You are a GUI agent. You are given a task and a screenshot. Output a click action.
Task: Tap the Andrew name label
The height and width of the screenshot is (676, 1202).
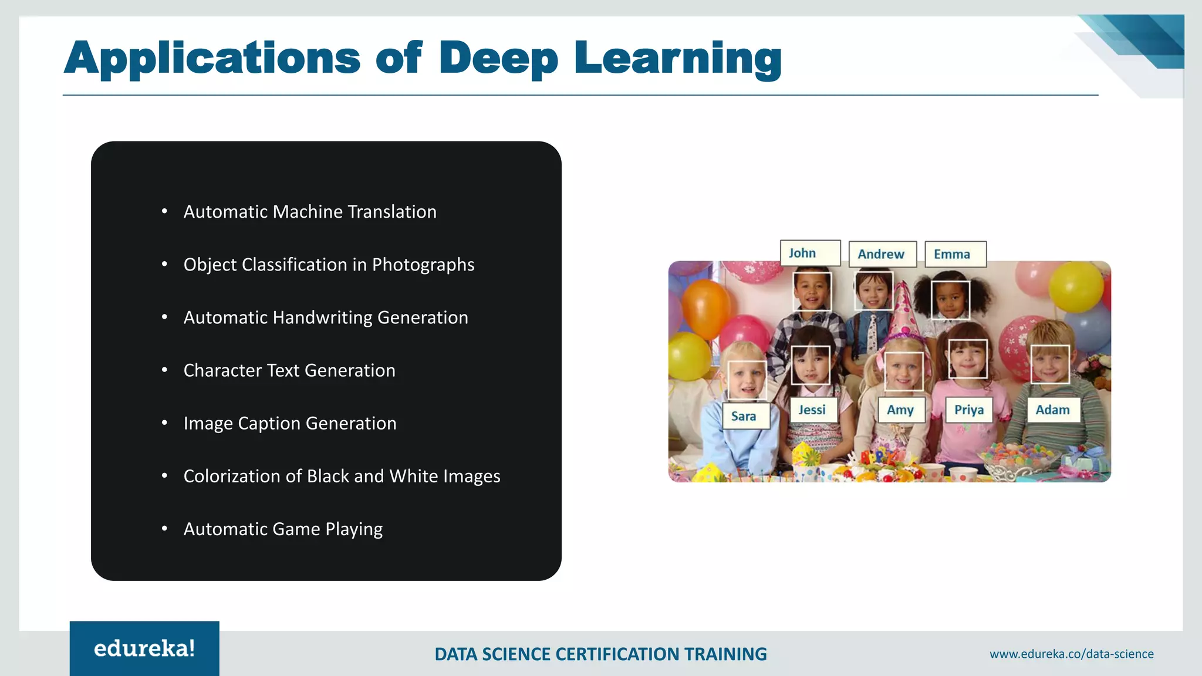pyautogui.click(x=882, y=254)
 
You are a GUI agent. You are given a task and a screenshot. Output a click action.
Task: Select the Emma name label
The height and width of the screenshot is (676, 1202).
pyautogui.click(x=955, y=254)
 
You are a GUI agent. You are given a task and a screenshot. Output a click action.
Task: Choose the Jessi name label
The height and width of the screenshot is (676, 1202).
pyautogui.click(x=813, y=410)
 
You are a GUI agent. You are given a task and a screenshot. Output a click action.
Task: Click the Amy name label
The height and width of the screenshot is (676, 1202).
pyautogui.click(x=901, y=410)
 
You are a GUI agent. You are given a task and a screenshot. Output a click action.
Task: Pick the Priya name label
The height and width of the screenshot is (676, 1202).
pyautogui.click(x=969, y=410)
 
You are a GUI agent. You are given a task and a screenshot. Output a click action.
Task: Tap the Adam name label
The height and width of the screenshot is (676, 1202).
pyautogui.click(x=1053, y=410)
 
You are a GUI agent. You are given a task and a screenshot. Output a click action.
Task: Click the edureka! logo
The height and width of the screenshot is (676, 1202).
pyautogui.click(x=144, y=648)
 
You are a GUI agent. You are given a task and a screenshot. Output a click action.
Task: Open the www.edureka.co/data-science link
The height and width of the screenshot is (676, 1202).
pyautogui.click(x=1071, y=654)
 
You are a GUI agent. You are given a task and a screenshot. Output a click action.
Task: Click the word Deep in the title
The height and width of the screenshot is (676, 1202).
pyautogui.click(x=498, y=58)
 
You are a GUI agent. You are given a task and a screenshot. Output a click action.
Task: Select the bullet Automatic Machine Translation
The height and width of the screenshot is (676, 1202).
pyautogui.click(x=310, y=212)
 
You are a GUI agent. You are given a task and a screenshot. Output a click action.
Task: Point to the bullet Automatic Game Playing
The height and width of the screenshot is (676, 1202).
pyautogui.click(x=283, y=529)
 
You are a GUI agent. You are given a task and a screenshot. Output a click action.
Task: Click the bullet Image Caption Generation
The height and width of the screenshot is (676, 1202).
pyautogui.click(x=290, y=423)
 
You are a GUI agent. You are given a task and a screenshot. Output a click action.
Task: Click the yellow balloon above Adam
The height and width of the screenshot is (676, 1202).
pyautogui.click(x=1075, y=286)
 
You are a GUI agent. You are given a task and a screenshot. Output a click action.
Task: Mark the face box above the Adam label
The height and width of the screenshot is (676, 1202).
pyautogui.click(x=1050, y=364)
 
